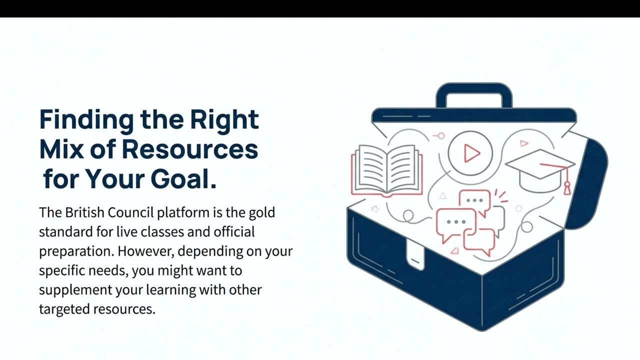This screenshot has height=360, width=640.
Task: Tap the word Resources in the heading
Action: pos(190,149)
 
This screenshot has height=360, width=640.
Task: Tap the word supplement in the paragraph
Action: pos(75,290)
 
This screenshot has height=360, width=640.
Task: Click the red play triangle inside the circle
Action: pos(471,153)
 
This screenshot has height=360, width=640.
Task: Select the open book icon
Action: pos(387,171)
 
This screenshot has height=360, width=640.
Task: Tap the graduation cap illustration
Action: pos(540,171)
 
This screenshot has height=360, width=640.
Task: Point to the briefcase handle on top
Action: pos(474,95)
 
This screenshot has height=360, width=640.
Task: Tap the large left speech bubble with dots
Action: pos(456,224)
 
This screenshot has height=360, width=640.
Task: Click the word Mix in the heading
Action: pos(61,149)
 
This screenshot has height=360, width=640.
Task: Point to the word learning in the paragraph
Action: pos(171,290)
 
